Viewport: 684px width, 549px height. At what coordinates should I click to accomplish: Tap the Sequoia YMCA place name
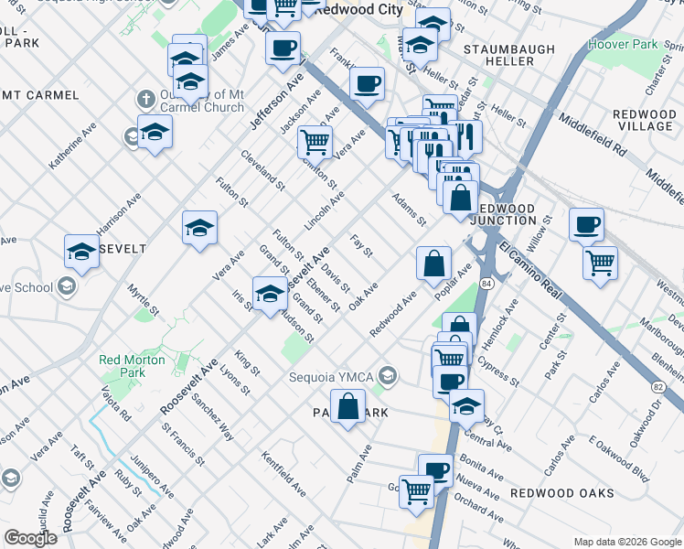point(332,376)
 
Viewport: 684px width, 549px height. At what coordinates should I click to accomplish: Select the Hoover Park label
point(631,44)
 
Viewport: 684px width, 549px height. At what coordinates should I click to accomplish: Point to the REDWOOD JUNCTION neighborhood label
point(503,214)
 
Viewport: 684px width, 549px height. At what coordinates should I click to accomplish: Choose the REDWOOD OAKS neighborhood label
point(549,493)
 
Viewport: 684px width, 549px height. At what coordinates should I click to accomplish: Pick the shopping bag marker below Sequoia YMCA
point(348,405)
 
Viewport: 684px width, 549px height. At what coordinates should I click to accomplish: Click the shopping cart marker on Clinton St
point(315,141)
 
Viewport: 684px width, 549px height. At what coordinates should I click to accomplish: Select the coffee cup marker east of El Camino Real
point(586,224)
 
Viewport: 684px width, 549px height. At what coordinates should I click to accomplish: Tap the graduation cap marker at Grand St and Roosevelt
point(269,293)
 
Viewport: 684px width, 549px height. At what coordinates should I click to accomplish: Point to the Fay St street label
point(361,245)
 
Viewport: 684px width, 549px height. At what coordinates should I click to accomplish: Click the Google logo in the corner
point(30,538)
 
